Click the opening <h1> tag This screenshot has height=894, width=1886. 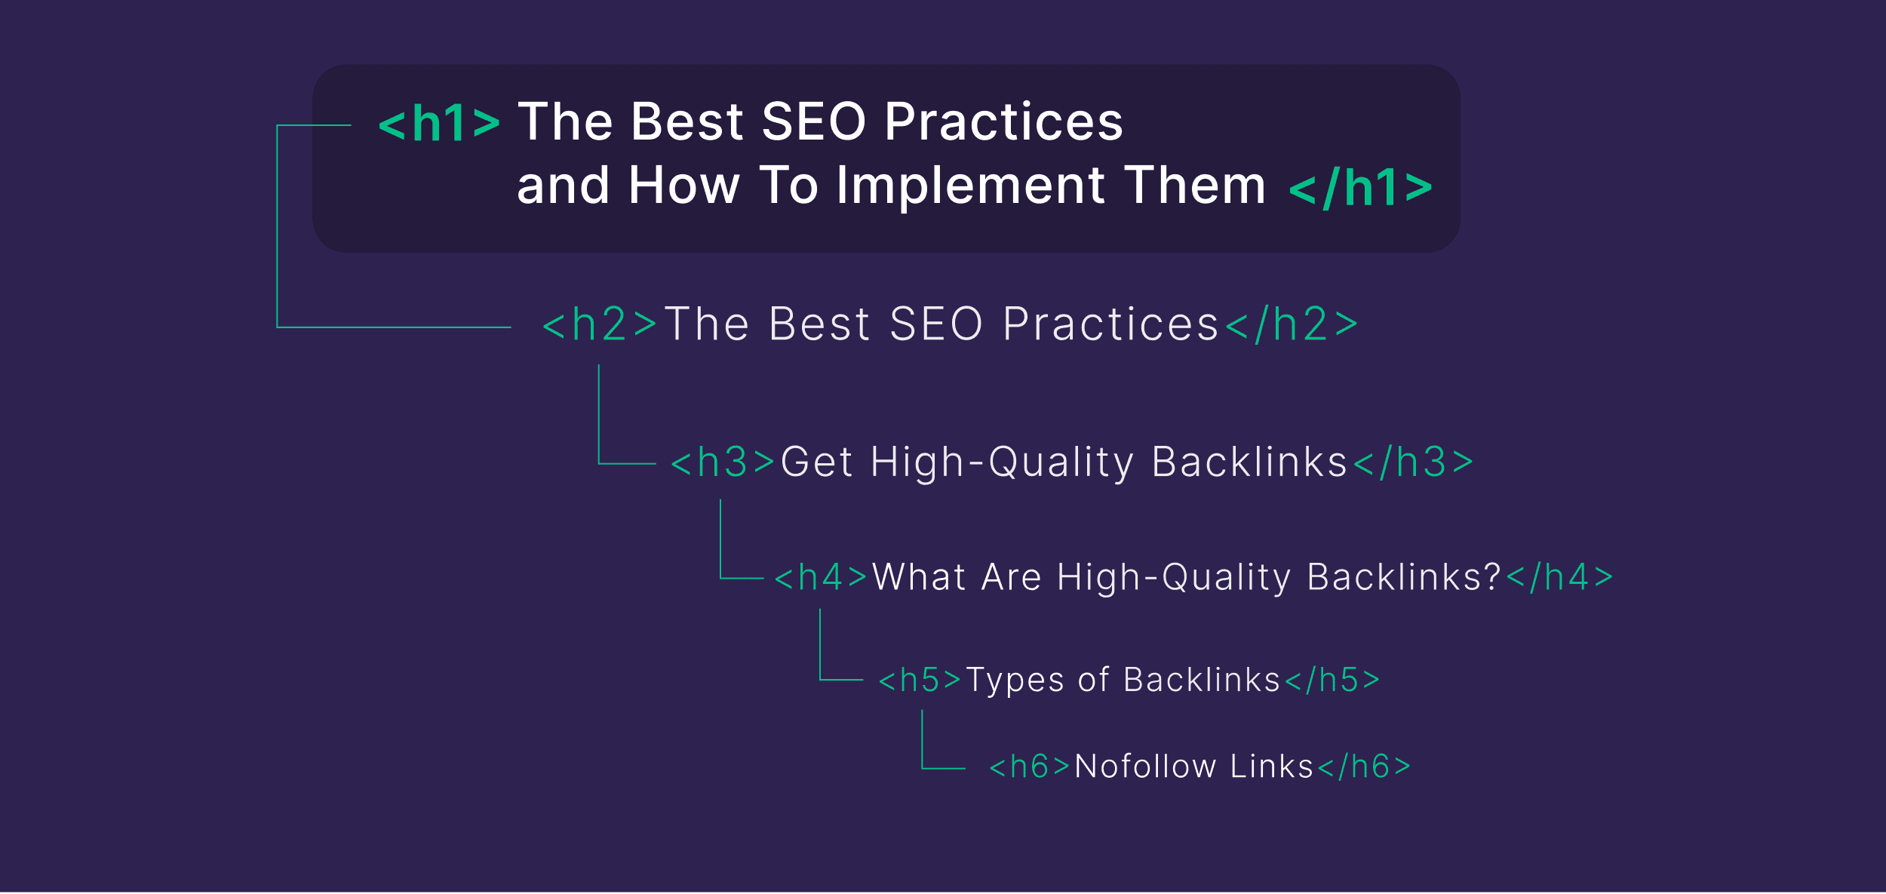(439, 123)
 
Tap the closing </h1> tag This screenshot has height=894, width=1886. (1360, 187)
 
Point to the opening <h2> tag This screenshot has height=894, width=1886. (600, 325)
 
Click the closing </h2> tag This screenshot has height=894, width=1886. (1291, 325)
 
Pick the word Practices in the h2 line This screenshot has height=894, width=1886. (1110, 325)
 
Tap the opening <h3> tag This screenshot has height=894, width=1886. (723, 462)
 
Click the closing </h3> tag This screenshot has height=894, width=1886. (1413, 462)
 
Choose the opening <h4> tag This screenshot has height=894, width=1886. (821, 578)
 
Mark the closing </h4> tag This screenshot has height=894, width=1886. (1559, 578)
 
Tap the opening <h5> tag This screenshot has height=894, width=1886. (920, 680)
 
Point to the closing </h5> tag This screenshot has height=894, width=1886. (1332, 680)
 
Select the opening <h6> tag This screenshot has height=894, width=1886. (1029, 767)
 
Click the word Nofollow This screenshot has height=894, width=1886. (1144, 767)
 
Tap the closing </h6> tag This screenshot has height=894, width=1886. (1364, 767)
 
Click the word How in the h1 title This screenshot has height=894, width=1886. (683, 186)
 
